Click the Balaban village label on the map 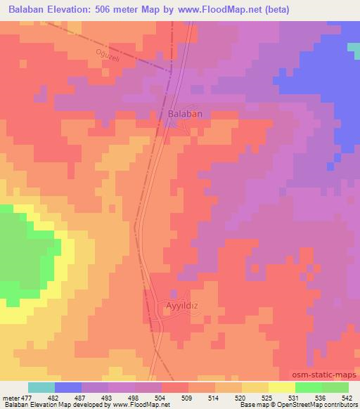tap(186, 113)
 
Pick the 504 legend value tap(162, 398)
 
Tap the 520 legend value tap(241, 398)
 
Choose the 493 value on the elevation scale tap(108, 398)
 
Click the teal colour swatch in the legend tap(41, 387)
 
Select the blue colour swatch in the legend tap(68, 387)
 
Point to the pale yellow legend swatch tap(281, 387)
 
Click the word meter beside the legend tap(10, 398)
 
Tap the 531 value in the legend tap(295, 398)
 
